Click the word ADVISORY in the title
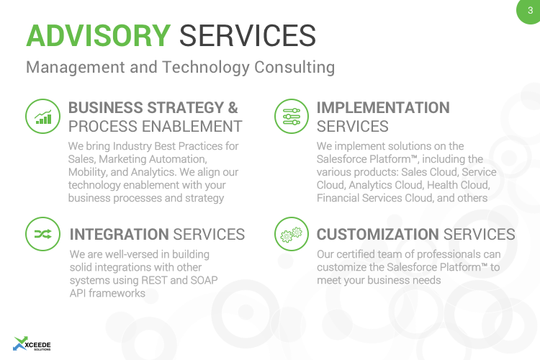(x=98, y=34)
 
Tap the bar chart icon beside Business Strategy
(x=43, y=117)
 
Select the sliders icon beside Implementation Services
(x=292, y=117)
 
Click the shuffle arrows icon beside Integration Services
(x=43, y=234)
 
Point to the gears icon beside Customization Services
(x=292, y=234)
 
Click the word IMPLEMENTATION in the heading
(x=383, y=108)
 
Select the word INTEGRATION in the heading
(x=119, y=235)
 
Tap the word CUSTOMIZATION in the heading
(x=377, y=235)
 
